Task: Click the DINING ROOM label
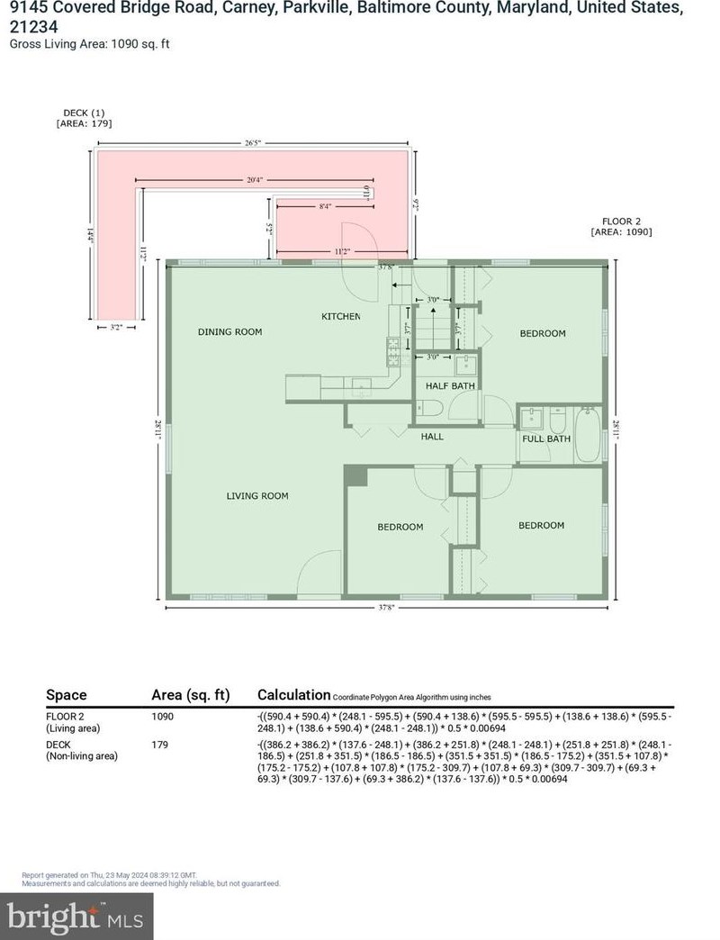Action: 229,332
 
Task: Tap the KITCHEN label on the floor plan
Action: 341,317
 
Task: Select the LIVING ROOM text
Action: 256,496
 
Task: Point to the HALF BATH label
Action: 450,386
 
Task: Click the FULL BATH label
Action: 546,439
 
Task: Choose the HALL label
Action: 433,437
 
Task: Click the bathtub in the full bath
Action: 589,437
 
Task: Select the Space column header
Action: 67,695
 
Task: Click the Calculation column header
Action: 293,695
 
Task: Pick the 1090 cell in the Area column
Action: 162,717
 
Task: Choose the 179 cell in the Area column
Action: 159,746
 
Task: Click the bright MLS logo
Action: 76,917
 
